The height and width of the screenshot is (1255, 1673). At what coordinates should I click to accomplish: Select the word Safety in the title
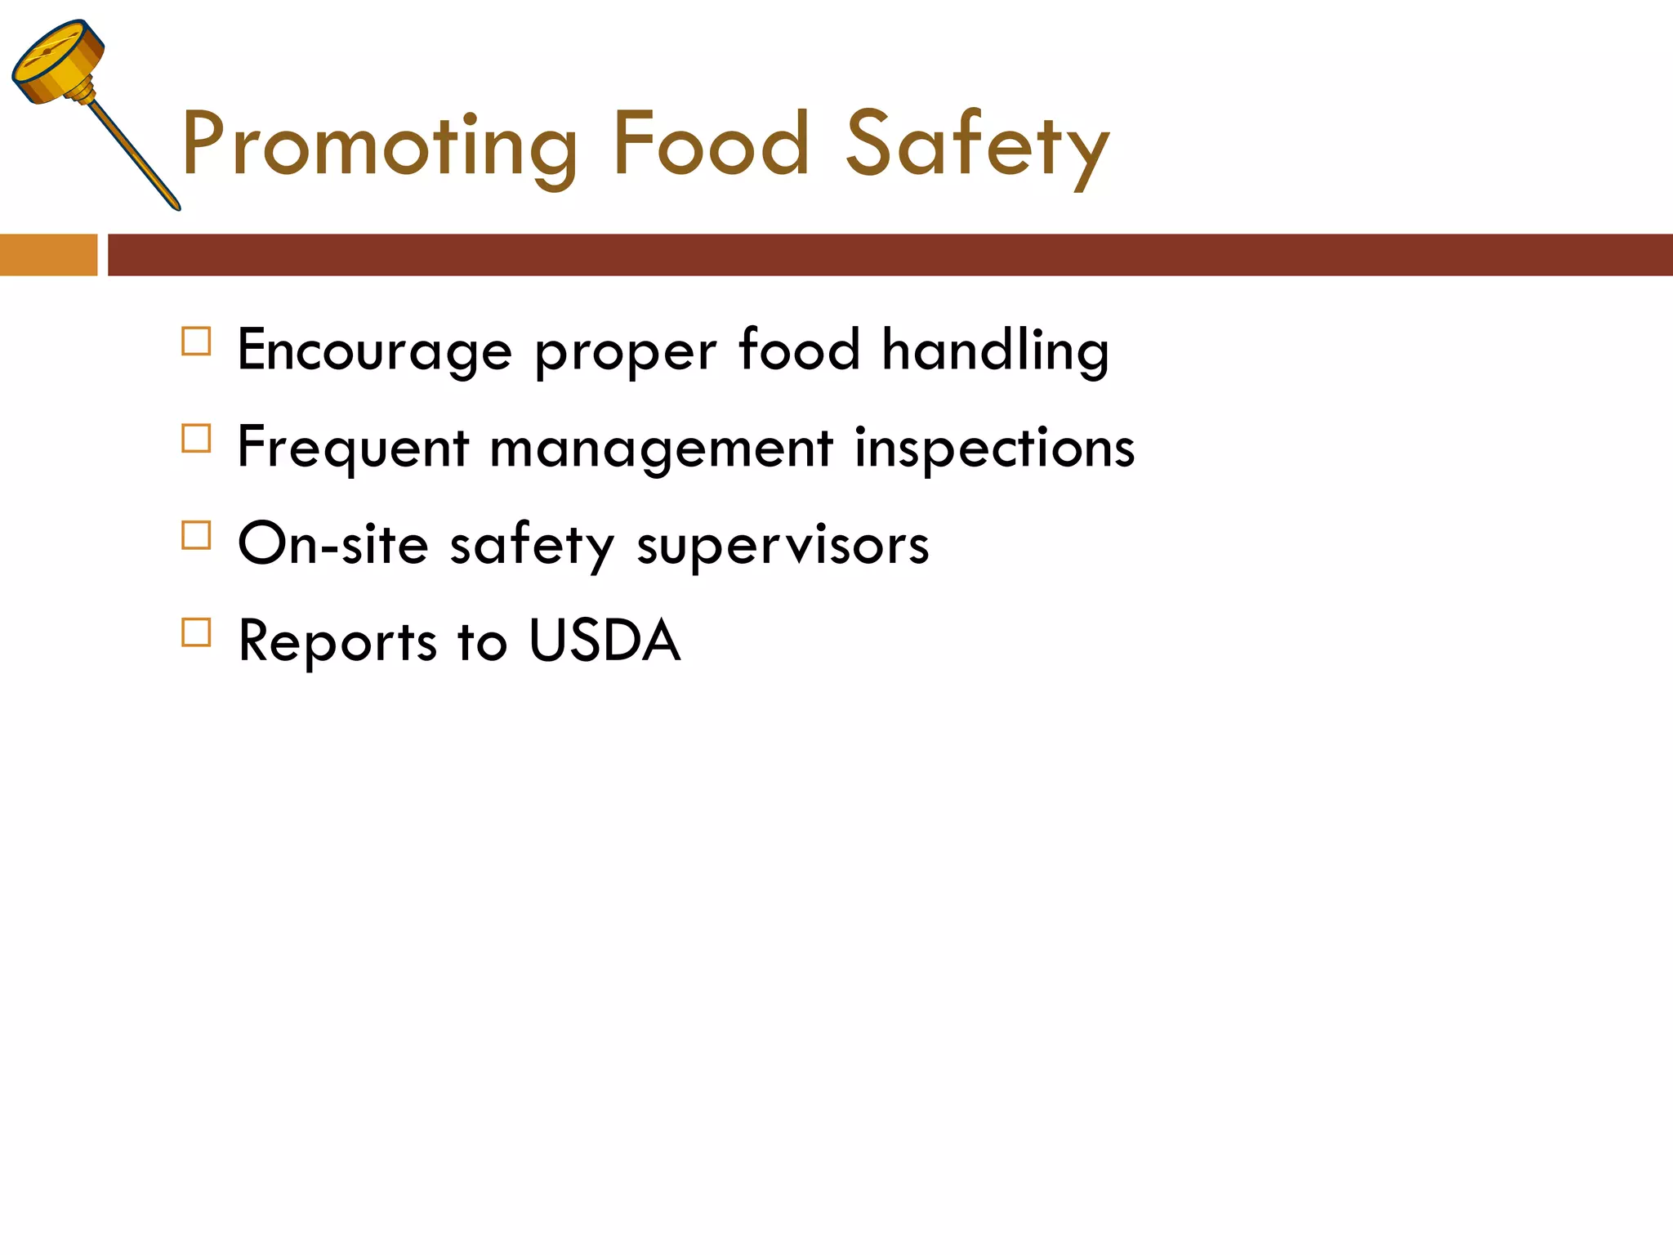(977, 147)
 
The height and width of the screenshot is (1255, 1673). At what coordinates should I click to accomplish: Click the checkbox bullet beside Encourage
(196, 342)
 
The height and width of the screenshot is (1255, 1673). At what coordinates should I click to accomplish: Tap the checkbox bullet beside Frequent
(196, 439)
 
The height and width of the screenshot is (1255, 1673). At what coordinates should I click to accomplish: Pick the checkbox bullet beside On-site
(196, 535)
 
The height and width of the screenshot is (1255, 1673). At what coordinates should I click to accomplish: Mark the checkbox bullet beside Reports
(196, 632)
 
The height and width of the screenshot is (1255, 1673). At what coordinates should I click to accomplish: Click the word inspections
(994, 449)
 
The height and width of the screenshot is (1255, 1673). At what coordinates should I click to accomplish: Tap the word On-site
(332, 545)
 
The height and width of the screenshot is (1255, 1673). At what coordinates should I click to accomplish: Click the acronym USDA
(605, 641)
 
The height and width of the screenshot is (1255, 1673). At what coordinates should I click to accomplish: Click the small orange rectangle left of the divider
(48, 255)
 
